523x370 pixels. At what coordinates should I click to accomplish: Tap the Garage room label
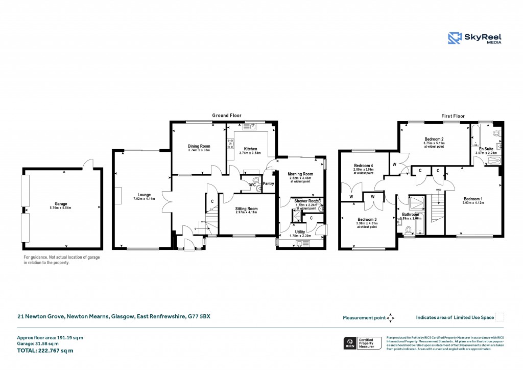(61, 203)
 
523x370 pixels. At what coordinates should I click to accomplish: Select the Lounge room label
(144, 195)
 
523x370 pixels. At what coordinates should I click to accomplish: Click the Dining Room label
(199, 146)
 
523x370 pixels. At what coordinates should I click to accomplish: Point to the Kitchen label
(250, 149)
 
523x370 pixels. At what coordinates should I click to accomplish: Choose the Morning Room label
(300, 174)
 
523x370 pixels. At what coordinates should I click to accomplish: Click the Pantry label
(268, 183)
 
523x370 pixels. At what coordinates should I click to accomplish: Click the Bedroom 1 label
(472, 199)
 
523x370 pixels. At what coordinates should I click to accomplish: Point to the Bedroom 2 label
(433, 139)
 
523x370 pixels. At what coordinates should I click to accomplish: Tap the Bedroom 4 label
(364, 166)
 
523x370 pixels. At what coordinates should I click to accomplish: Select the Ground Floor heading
(227, 116)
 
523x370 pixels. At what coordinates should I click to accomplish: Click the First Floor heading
(453, 116)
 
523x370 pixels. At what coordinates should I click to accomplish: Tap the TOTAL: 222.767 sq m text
(45, 351)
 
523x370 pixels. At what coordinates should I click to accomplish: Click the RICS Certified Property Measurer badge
(362, 343)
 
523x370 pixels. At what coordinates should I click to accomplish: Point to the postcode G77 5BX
(199, 317)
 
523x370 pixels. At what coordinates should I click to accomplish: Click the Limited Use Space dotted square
(500, 317)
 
